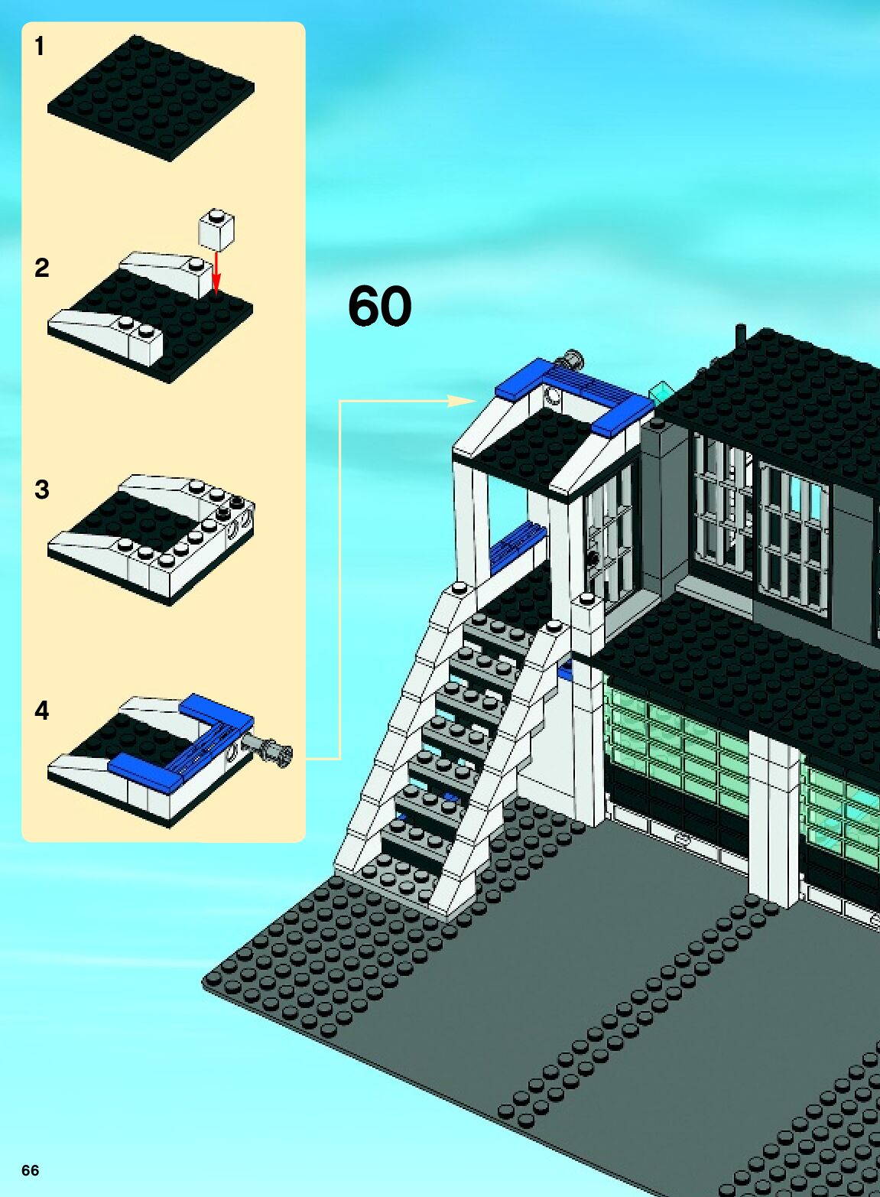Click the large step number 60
click(x=379, y=306)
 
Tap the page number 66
click(x=30, y=1170)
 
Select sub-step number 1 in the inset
click(x=40, y=47)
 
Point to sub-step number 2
click(x=41, y=268)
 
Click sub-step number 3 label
click(x=41, y=490)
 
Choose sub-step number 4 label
click(x=41, y=711)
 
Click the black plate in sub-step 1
click(x=151, y=97)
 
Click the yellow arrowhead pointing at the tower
click(x=462, y=401)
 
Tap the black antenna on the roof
click(x=740, y=337)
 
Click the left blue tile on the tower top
click(x=524, y=380)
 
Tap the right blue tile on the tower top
click(x=623, y=415)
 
